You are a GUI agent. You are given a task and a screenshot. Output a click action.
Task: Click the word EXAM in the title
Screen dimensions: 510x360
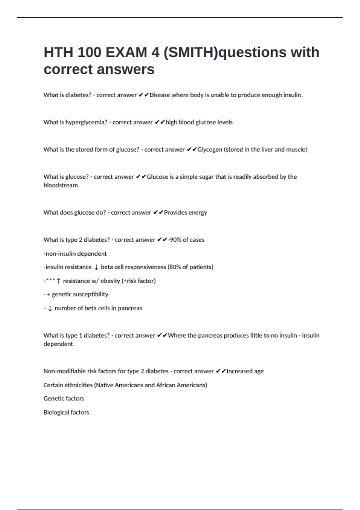click(126, 52)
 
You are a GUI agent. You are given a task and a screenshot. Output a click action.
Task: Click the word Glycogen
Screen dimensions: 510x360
click(210, 149)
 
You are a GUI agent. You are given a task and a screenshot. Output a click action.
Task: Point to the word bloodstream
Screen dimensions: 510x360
click(61, 185)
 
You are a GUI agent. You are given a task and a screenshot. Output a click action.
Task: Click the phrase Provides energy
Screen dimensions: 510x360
click(185, 212)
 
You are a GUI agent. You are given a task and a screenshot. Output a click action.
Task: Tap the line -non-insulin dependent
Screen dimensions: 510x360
click(75, 253)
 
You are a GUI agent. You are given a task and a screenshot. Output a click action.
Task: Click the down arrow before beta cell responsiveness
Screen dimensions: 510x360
click(96, 267)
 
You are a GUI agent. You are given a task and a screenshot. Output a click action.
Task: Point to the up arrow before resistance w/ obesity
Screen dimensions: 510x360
click(58, 281)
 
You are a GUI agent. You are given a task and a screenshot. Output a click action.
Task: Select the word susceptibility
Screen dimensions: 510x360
click(89, 294)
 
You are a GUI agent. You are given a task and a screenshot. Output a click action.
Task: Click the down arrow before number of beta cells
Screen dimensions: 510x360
click(50, 308)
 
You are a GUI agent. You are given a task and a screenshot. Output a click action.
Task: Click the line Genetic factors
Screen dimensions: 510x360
click(64, 398)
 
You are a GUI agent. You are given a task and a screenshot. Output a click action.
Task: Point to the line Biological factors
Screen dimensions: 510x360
click(66, 412)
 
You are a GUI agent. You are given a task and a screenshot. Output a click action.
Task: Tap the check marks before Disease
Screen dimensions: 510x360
click(144, 95)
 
